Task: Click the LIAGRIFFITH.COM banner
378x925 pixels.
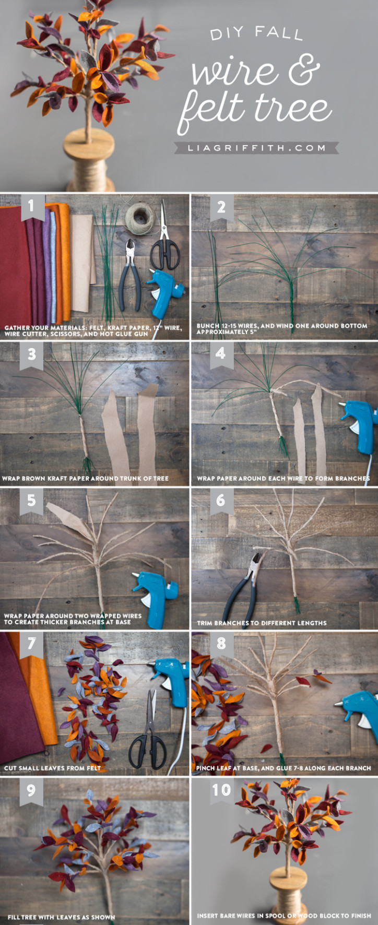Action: (256, 148)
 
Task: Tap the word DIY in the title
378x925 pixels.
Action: (227, 34)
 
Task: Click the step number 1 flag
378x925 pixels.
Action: (31, 206)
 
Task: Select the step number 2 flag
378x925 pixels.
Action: (221, 207)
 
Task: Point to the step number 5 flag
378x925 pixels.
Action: (31, 500)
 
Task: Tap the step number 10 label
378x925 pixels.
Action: (221, 790)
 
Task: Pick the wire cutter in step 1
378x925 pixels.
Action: (130, 274)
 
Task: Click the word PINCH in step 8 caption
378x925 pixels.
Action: (206, 768)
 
